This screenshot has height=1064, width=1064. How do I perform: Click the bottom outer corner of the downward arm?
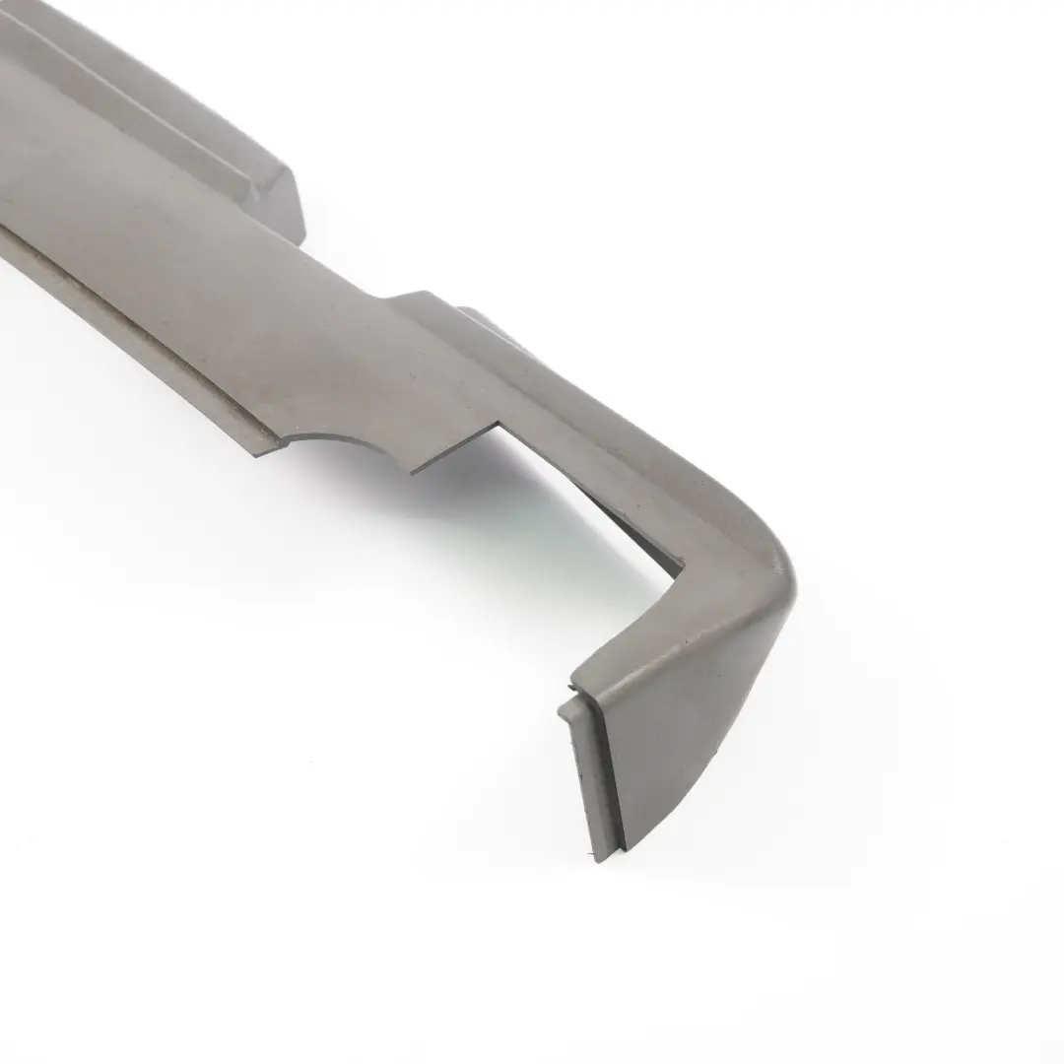[x=631, y=847]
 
